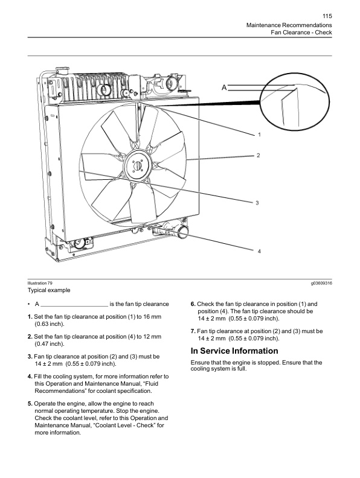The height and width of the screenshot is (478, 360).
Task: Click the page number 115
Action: [x=327, y=16]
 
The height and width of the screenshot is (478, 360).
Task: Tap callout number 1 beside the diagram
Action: [x=259, y=133]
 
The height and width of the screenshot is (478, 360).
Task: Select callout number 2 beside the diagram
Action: [x=258, y=156]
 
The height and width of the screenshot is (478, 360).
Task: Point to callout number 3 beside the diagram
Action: [x=257, y=203]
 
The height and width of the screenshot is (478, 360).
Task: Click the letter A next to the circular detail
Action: [x=224, y=88]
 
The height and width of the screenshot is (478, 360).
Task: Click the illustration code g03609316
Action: [x=321, y=283]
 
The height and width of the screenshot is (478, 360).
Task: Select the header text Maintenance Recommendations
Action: [x=289, y=24]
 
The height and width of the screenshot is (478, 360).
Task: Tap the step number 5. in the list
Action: [x=30, y=403]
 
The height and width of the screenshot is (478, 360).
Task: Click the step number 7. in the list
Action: [x=193, y=331]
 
